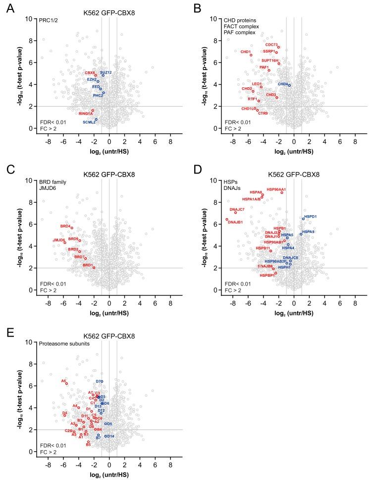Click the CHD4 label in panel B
(x=283, y=84)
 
